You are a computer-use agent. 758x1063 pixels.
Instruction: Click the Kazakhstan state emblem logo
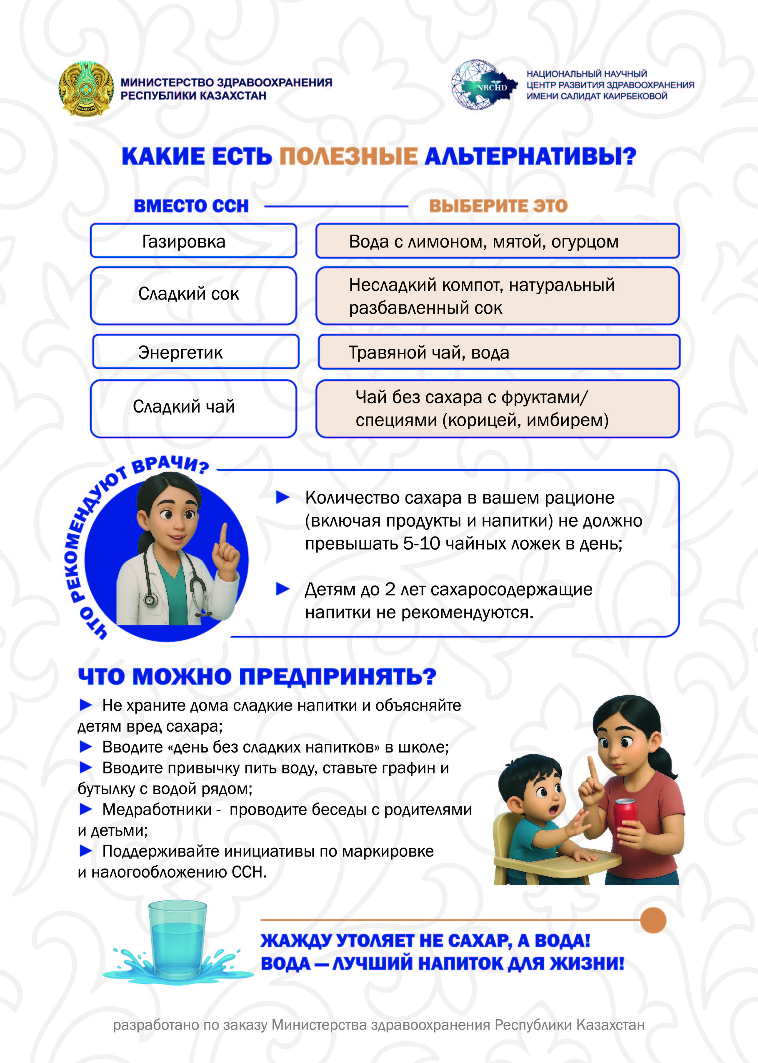86,88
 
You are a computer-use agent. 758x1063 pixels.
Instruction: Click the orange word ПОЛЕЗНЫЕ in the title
348,156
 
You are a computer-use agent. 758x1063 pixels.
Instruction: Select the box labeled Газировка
193,241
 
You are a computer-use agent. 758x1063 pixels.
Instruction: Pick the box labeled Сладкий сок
193,295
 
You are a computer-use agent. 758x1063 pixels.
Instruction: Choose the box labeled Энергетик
195,352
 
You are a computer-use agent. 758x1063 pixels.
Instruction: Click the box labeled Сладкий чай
193,408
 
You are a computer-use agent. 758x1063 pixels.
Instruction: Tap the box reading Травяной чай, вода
498,352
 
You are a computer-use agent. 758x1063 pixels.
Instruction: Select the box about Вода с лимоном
497,241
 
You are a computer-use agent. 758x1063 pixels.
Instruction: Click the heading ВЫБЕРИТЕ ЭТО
498,206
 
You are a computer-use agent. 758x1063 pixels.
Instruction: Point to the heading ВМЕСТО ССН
191,206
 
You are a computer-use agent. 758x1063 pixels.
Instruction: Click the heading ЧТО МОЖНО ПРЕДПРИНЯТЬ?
257,676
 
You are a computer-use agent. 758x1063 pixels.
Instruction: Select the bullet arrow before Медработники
85,809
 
